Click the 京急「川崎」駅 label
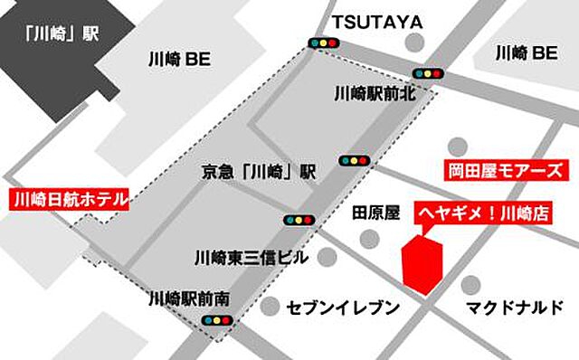pyautogui.click(x=259, y=171)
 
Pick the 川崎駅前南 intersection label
pyautogui.click(x=191, y=296)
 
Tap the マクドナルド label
pyautogui.click(x=514, y=308)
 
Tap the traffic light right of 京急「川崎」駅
pyautogui.click(x=355, y=161)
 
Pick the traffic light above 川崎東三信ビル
pyautogui.click(x=297, y=219)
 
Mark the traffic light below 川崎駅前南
pyautogui.click(x=218, y=320)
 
